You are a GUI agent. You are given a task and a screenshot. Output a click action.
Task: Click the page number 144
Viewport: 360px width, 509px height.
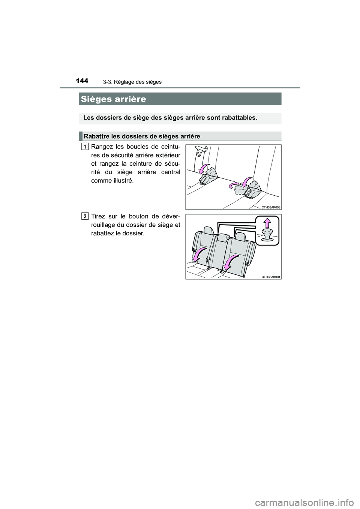[x=82, y=81]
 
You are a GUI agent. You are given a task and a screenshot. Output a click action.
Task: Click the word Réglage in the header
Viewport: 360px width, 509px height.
[x=122, y=82]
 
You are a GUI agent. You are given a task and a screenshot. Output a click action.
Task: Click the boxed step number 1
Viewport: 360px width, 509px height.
[x=86, y=146]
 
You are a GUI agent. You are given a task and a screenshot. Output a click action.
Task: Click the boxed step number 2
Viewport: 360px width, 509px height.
[x=86, y=216]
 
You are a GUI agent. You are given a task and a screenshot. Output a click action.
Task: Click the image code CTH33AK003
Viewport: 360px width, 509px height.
[x=271, y=207]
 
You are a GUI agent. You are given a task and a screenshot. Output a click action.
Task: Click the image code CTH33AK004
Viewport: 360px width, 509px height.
[x=271, y=277]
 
